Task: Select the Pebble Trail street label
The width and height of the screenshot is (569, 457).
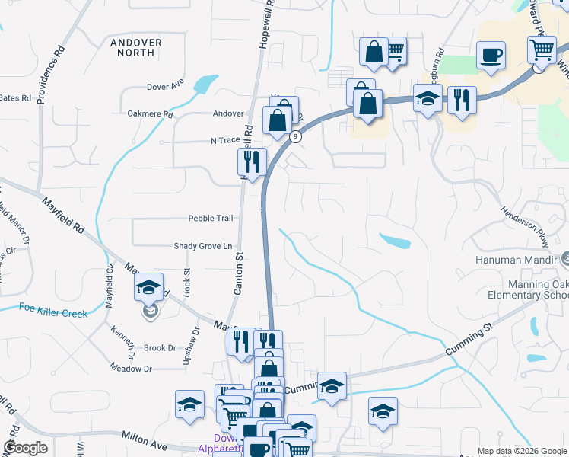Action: click(x=211, y=219)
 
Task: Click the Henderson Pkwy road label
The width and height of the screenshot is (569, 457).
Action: click(x=525, y=226)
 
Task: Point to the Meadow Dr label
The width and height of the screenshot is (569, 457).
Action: click(x=131, y=369)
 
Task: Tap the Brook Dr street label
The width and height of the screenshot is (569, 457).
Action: click(x=160, y=348)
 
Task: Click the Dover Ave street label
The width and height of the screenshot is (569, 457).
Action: click(x=165, y=87)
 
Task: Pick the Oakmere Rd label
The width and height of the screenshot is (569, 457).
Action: click(x=151, y=115)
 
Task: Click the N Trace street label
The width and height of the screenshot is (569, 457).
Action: click(x=224, y=141)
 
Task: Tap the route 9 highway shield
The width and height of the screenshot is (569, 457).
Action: click(x=296, y=136)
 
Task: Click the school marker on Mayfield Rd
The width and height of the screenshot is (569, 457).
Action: click(x=149, y=289)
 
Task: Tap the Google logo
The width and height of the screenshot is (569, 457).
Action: click(x=25, y=448)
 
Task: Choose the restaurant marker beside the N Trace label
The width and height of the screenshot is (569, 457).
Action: click(x=251, y=161)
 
